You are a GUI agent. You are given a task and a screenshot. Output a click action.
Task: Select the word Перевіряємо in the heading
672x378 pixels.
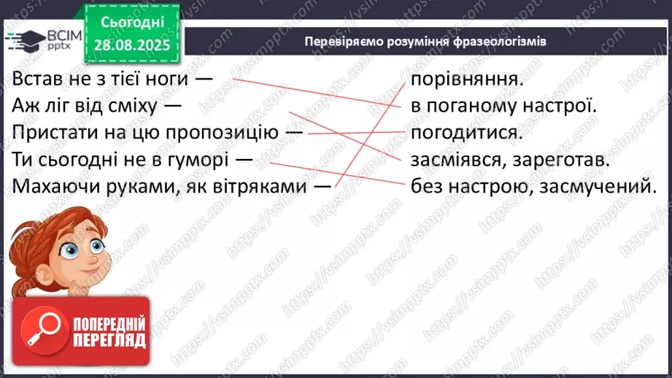point(341,42)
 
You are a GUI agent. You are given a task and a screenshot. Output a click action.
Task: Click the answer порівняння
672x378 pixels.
point(466,79)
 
